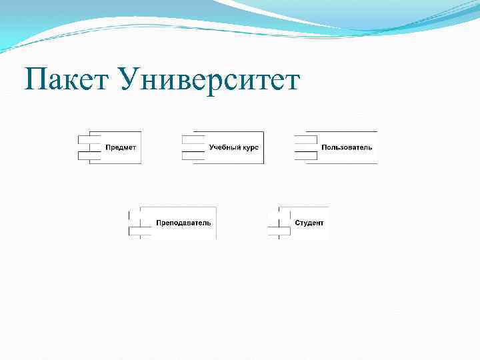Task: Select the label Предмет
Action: (121, 147)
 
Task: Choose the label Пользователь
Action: (347, 147)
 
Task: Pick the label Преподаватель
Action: (183, 223)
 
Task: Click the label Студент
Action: (309, 223)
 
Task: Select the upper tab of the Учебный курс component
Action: (193, 139)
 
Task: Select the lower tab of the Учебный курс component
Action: (193, 155)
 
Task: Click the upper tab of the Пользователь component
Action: (305, 139)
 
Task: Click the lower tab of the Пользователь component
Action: (305, 155)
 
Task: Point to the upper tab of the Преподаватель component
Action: (140, 215)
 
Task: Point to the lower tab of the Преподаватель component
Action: (140, 231)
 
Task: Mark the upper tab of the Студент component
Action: (279, 215)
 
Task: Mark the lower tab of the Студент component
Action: (279, 231)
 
